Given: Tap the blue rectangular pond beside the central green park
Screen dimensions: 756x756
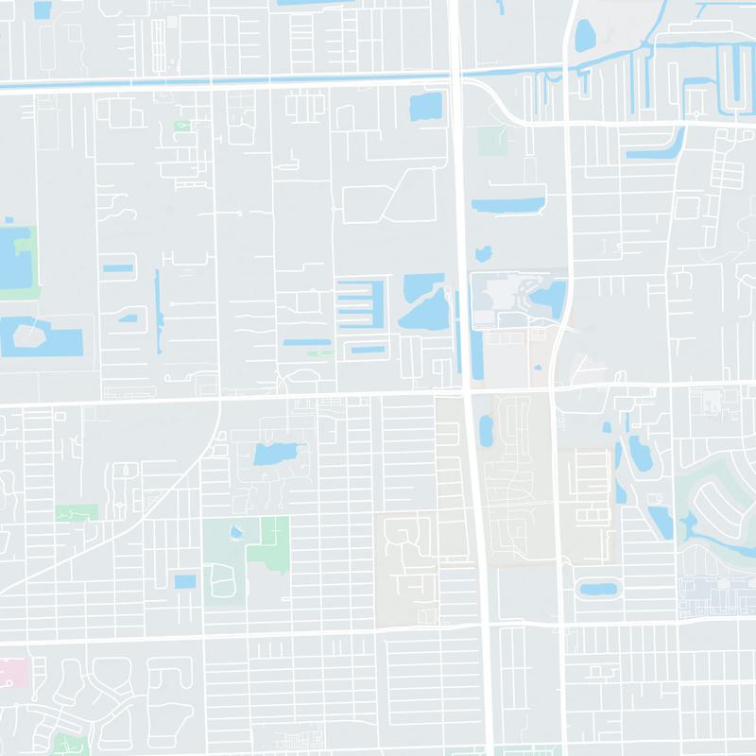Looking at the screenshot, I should (x=185, y=580).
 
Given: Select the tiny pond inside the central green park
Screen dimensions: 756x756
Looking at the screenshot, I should (x=234, y=531).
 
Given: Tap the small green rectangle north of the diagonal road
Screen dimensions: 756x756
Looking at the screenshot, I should (x=76, y=512).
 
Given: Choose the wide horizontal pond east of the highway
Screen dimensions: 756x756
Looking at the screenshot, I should (x=508, y=204).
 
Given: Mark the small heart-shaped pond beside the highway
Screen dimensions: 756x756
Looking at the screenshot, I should (x=485, y=253).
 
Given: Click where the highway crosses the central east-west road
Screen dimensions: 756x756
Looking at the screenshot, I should (x=467, y=388).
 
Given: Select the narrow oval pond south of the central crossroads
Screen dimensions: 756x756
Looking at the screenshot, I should (x=487, y=431).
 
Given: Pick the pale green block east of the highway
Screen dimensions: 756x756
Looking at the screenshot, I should (x=492, y=141).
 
